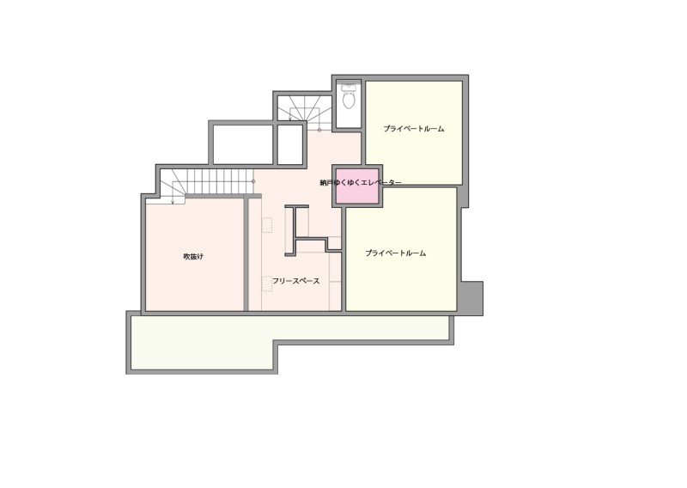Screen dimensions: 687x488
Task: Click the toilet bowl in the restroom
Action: coord(349,101)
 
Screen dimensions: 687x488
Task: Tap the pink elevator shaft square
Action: coord(357,186)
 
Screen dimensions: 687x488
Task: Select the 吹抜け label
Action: coord(193,257)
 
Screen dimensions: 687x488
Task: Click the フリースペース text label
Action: coord(296,281)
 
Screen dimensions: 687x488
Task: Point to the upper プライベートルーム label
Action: coord(414,129)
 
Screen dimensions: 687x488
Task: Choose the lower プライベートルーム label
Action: coord(396,253)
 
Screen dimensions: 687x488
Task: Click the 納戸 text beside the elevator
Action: coord(326,183)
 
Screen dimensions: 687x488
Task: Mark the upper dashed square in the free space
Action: coord(267,225)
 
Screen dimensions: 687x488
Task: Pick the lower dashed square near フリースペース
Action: coord(267,284)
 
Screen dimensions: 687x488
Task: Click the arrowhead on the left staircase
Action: coord(173,202)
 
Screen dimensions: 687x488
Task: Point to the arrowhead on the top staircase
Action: coord(290,118)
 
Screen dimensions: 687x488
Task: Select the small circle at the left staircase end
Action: coord(253,181)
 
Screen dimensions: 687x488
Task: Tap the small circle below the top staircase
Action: coord(319,130)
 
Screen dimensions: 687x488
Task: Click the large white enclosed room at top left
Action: coord(243,144)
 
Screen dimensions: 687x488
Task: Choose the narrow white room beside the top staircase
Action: coord(290,144)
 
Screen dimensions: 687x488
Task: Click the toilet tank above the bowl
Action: coord(350,87)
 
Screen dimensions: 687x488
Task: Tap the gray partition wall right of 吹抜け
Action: coord(246,254)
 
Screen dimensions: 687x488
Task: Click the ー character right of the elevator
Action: coord(396,183)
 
